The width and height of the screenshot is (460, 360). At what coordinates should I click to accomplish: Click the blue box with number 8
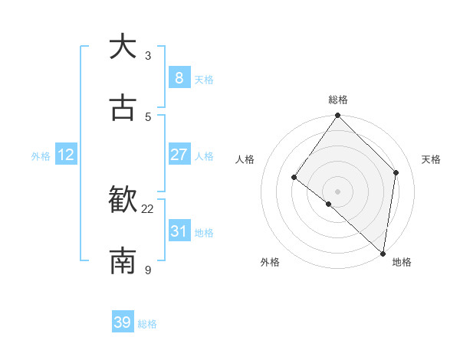pos(179,77)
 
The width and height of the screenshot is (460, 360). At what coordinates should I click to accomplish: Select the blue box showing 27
pos(179,155)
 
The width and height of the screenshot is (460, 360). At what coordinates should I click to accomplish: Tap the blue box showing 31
pos(179,231)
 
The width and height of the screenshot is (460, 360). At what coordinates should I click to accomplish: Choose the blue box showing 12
pos(66,155)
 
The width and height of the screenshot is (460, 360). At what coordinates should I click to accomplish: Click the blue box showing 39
pos(123,322)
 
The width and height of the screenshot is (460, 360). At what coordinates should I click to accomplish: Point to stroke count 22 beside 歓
pos(148,208)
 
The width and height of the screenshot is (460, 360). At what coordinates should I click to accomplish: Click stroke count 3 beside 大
pos(148,56)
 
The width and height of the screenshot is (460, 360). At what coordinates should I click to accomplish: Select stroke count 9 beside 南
pos(148,270)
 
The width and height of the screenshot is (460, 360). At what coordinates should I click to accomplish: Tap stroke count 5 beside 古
pos(148,116)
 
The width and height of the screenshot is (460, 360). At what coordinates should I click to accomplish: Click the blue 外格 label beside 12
pos(41,156)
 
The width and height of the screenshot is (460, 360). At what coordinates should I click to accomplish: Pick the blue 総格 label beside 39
pos(147,324)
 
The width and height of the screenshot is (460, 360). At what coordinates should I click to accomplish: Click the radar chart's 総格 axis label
pos(338,100)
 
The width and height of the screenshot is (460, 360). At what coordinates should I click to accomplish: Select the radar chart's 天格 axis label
pos(432,159)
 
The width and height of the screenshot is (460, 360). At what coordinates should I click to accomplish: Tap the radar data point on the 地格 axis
pos(383,253)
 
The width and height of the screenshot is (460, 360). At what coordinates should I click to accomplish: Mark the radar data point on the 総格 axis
pos(338,116)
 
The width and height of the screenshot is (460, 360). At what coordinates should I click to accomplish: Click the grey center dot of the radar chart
pos(338,191)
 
